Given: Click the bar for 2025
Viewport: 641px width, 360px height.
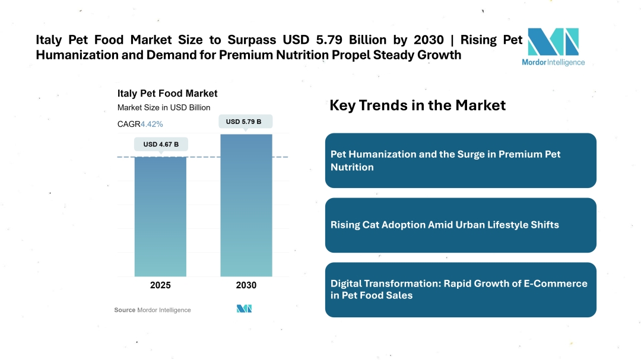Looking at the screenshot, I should coord(160,216).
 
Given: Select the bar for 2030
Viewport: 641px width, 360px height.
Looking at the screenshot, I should coord(246,205).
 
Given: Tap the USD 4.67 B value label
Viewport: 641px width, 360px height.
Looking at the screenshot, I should coord(161,144).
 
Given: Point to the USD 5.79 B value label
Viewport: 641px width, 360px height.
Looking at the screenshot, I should coord(246,122).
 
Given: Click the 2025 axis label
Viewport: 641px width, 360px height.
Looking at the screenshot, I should coord(160,285).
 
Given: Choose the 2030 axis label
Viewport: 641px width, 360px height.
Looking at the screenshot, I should coord(246,285).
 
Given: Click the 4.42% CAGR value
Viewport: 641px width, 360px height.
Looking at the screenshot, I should coord(152,124).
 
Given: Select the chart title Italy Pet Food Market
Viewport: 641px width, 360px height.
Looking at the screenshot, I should coord(167,93).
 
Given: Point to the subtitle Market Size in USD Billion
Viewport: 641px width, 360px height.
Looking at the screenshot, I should coord(164,107).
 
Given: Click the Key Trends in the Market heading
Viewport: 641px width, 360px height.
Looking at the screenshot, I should coord(417,106).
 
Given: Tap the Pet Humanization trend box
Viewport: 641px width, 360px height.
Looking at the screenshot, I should coord(461,161).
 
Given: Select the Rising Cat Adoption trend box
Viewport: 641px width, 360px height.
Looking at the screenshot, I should coord(461,225).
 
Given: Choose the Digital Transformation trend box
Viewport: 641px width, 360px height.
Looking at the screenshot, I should coord(461,289).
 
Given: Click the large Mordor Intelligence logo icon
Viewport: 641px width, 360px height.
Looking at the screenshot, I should coord(553,42).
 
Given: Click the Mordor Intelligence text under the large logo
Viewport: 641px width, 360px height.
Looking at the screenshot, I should coord(553,62).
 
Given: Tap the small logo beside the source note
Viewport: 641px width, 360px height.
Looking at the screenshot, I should coord(245,309).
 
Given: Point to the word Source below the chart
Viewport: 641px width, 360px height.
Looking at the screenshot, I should coord(125,310).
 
